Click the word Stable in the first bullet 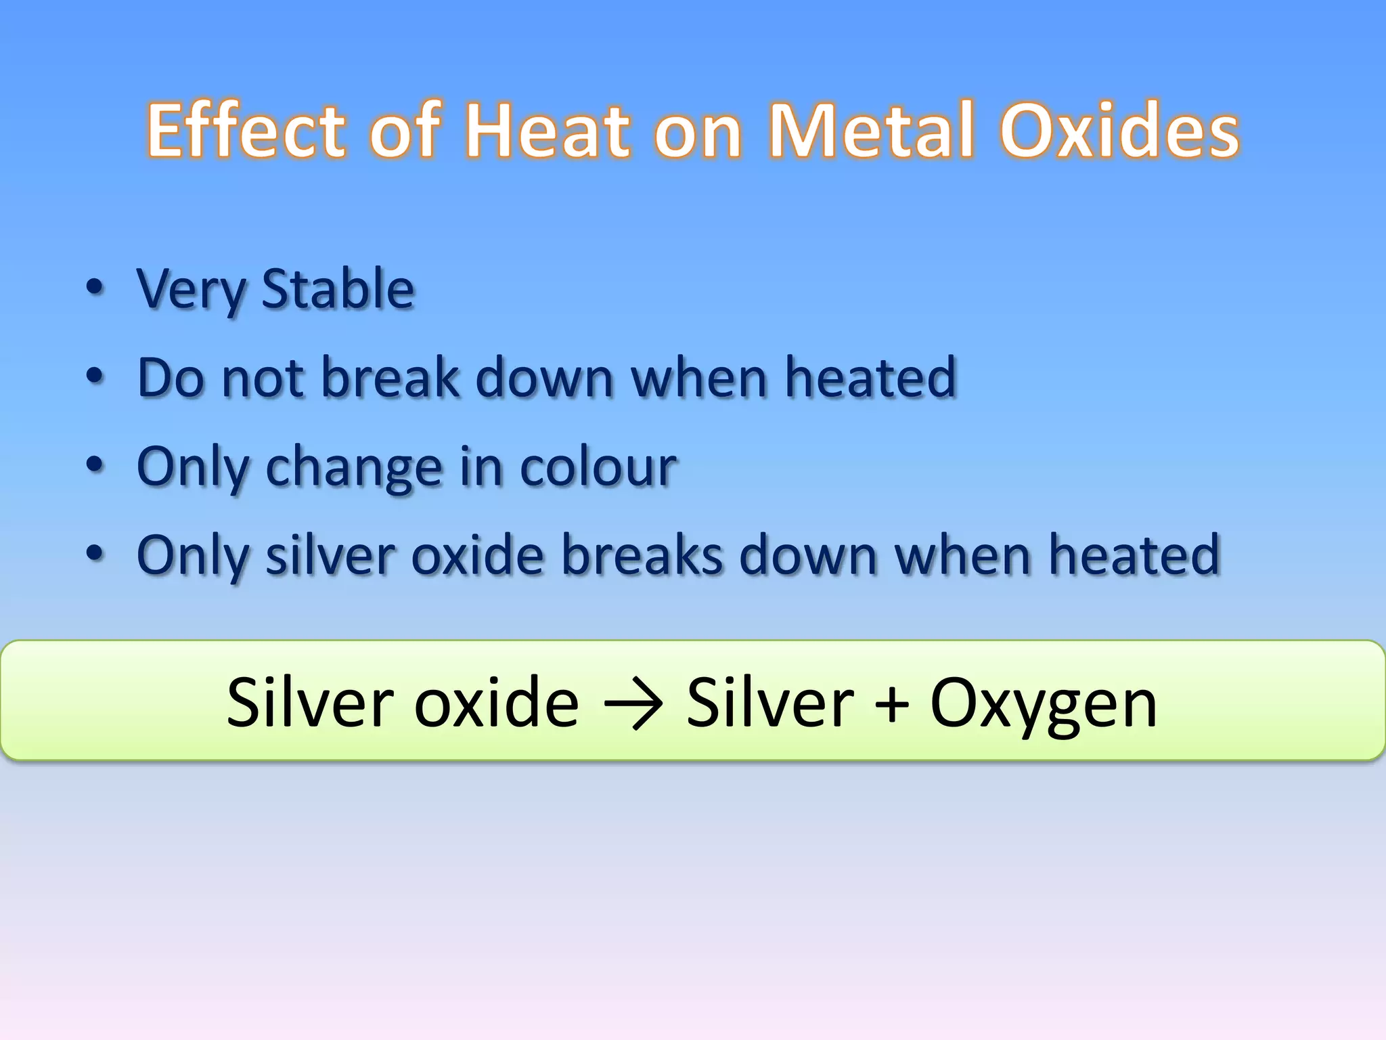click(337, 289)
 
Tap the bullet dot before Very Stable click(95, 288)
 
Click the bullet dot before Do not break click(95, 376)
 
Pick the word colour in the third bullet click(598, 467)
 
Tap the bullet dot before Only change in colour click(95, 465)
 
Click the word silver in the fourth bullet click(330, 555)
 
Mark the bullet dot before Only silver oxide click(95, 554)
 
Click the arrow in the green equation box click(632, 705)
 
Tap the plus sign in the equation click(891, 705)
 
